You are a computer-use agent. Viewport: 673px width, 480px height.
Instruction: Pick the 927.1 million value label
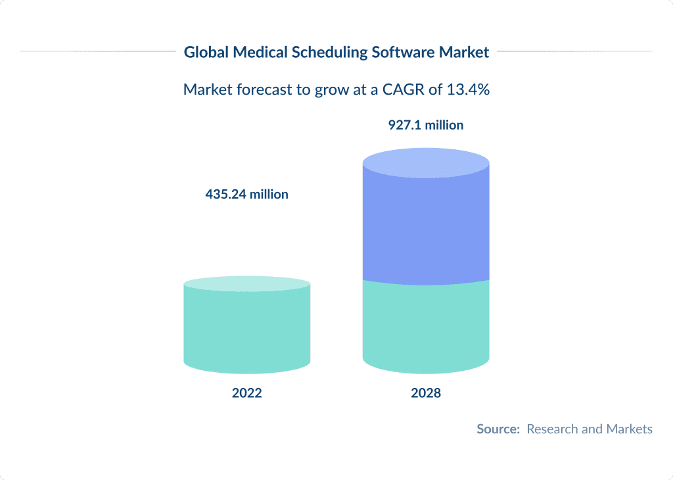pos(426,125)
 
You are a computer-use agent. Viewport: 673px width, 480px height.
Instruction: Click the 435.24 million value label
pos(246,195)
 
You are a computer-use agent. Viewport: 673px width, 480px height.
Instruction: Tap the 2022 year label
pos(246,393)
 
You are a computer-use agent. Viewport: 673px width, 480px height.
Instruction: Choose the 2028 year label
pos(426,393)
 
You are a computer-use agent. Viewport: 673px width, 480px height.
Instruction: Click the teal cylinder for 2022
pos(246,329)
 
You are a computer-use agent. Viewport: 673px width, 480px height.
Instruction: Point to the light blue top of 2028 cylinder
pos(426,160)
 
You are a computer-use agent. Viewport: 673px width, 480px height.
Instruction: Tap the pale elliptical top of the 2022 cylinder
pos(246,284)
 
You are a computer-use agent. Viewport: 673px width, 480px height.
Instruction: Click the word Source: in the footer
pos(498,429)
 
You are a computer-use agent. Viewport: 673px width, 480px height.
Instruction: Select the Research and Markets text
pos(590,429)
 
